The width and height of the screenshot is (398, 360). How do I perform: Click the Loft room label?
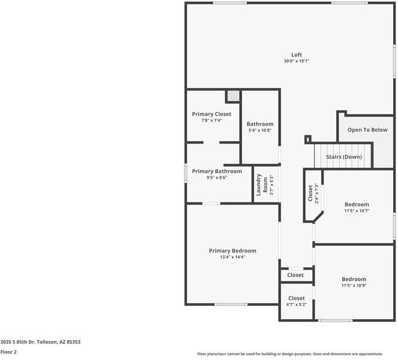296,55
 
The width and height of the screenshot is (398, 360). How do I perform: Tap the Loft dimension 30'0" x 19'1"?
296,61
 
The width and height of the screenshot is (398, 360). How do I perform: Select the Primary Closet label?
212,114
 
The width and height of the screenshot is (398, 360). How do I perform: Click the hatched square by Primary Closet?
233,96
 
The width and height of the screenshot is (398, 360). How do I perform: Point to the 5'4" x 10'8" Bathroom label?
260,124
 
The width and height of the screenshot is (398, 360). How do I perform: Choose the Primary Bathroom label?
217,171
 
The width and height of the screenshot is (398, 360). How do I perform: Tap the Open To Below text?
367,130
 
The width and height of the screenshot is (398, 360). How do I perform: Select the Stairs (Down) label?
343,157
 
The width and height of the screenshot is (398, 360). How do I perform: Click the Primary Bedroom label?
232,251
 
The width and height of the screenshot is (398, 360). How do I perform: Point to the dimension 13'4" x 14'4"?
232,257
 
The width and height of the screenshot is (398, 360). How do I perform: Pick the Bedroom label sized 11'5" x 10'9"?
354,279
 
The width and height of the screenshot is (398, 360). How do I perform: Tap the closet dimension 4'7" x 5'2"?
296,305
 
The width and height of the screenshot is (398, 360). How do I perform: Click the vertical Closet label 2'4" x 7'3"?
310,193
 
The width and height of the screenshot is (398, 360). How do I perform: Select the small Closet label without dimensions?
295,275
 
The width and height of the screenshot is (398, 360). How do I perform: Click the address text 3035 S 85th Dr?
40,342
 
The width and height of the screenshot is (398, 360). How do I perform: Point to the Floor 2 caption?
8,352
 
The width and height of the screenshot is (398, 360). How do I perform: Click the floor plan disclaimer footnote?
298,354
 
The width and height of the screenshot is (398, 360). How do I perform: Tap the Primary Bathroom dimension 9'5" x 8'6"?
217,178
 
